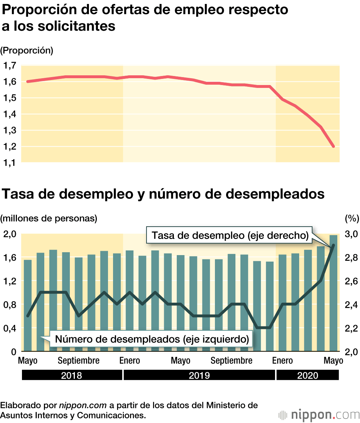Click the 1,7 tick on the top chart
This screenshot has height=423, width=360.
(x=10, y=66)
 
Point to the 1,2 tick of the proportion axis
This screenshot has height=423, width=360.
(x=10, y=147)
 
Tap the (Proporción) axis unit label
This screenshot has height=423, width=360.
(x=27, y=50)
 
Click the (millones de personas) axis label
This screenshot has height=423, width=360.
(x=49, y=218)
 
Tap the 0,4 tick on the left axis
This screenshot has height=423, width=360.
(x=10, y=328)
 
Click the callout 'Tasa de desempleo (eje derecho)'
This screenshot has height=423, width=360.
(x=230, y=236)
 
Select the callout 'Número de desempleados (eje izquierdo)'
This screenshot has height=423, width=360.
(x=152, y=339)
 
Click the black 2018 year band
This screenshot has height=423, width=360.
(x=72, y=375)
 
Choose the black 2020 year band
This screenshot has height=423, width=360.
(x=307, y=375)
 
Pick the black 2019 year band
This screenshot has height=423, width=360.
(x=199, y=375)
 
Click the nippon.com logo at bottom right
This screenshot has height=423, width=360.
(x=319, y=414)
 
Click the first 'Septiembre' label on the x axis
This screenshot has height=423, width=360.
(x=78, y=361)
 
